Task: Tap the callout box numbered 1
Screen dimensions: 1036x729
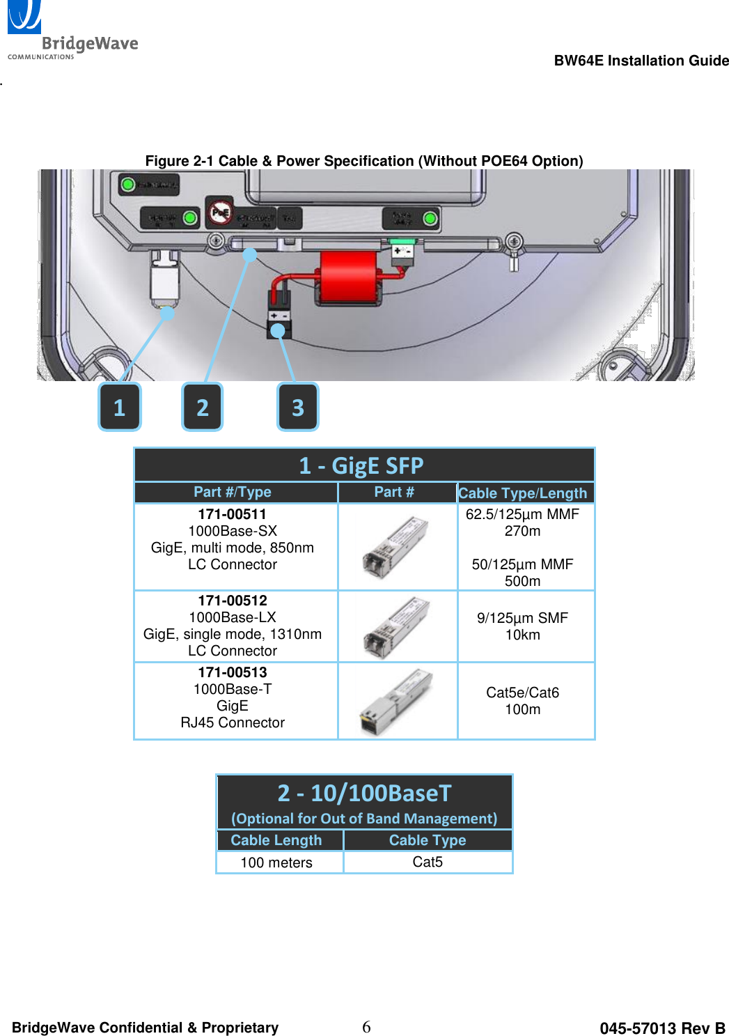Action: (x=120, y=407)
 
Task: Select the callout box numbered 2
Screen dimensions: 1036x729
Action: (x=203, y=407)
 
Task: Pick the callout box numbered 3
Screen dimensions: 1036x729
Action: (x=298, y=407)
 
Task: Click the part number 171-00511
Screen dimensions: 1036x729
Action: (x=232, y=514)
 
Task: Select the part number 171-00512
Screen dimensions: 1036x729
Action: (x=232, y=601)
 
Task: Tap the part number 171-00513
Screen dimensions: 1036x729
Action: (x=232, y=672)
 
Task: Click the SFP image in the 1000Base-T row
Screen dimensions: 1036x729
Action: (x=397, y=701)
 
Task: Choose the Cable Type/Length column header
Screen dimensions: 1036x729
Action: (x=523, y=493)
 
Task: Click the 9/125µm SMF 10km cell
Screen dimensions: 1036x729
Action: (x=523, y=626)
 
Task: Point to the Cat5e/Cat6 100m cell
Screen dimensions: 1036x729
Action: (x=523, y=701)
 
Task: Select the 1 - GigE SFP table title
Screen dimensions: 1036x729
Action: (x=362, y=465)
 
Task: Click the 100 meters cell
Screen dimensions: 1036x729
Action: (x=276, y=863)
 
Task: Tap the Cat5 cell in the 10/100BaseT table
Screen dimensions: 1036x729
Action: (x=428, y=862)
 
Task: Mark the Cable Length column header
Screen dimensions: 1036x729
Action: (x=276, y=840)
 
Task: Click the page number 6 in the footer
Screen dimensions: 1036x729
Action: (x=366, y=1027)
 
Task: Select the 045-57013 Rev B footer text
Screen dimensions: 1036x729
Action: (x=662, y=1028)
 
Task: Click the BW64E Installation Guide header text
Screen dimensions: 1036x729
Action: (x=641, y=61)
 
